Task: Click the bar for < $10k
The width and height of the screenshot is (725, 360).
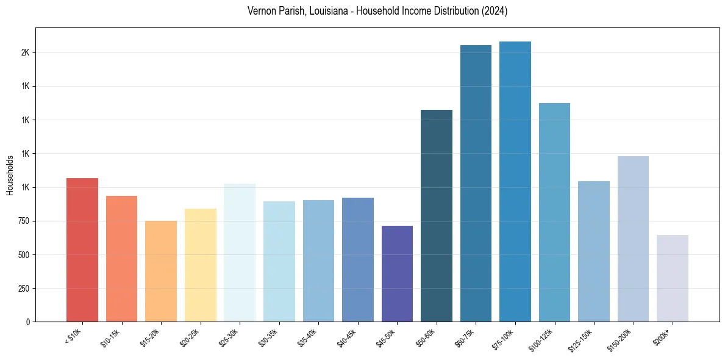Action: pyautogui.click(x=82, y=250)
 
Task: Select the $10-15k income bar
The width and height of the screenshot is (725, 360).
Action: pyautogui.click(x=121, y=259)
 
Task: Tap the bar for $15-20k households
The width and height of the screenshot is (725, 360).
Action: pyautogui.click(x=161, y=272)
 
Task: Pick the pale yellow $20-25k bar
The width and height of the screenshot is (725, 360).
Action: pyautogui.click(x=200, y=265)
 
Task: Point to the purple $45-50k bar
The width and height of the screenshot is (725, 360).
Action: pyautogui.click(x=397, y=274)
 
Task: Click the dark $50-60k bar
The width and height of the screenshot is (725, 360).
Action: pyautogui.click(x=437, y=216)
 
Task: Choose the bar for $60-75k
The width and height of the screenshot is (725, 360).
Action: pyautogui.click(x=476, y=184)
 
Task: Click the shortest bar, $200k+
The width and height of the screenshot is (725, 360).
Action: pyautogui.click(x=673, y=278)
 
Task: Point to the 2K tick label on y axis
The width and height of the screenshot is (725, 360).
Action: pyautogui.click(x=25, y=53)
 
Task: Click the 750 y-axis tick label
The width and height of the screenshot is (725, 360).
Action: pyautogui.click(x=23, y=221)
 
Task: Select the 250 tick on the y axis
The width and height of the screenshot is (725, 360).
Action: pyautogui.click(x=23, y=288)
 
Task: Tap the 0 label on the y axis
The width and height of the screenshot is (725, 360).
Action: pyautogui.click(x=27, y=322)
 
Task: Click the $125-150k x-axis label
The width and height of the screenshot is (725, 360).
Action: pyautogui.click(x=586, y=337)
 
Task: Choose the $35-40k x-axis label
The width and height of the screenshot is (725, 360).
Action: pyautogui.click(x=310, y=337)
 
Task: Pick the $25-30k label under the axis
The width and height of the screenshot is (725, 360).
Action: pyautogui.click(x=232, y=337)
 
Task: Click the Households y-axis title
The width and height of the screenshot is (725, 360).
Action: pyautogui.click(x=10, y=175)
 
